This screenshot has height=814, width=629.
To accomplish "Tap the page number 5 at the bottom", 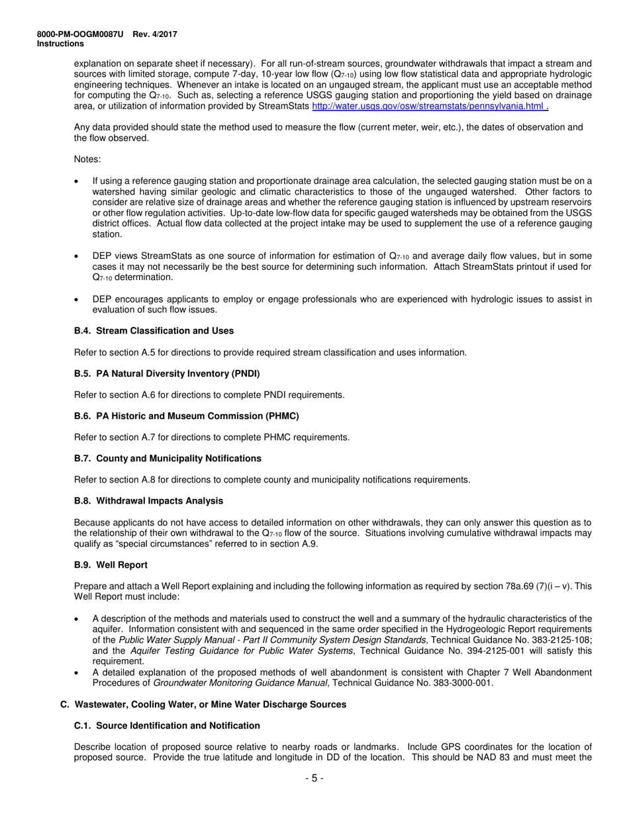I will (314, 778).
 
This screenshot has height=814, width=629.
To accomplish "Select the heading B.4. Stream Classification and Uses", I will (154, 331).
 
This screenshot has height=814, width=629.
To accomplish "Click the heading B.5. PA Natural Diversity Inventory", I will (167, 374).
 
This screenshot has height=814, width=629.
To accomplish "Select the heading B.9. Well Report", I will (111, 565).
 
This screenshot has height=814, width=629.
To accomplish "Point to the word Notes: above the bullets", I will (87, 159).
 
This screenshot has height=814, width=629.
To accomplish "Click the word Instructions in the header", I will (60, 44).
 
